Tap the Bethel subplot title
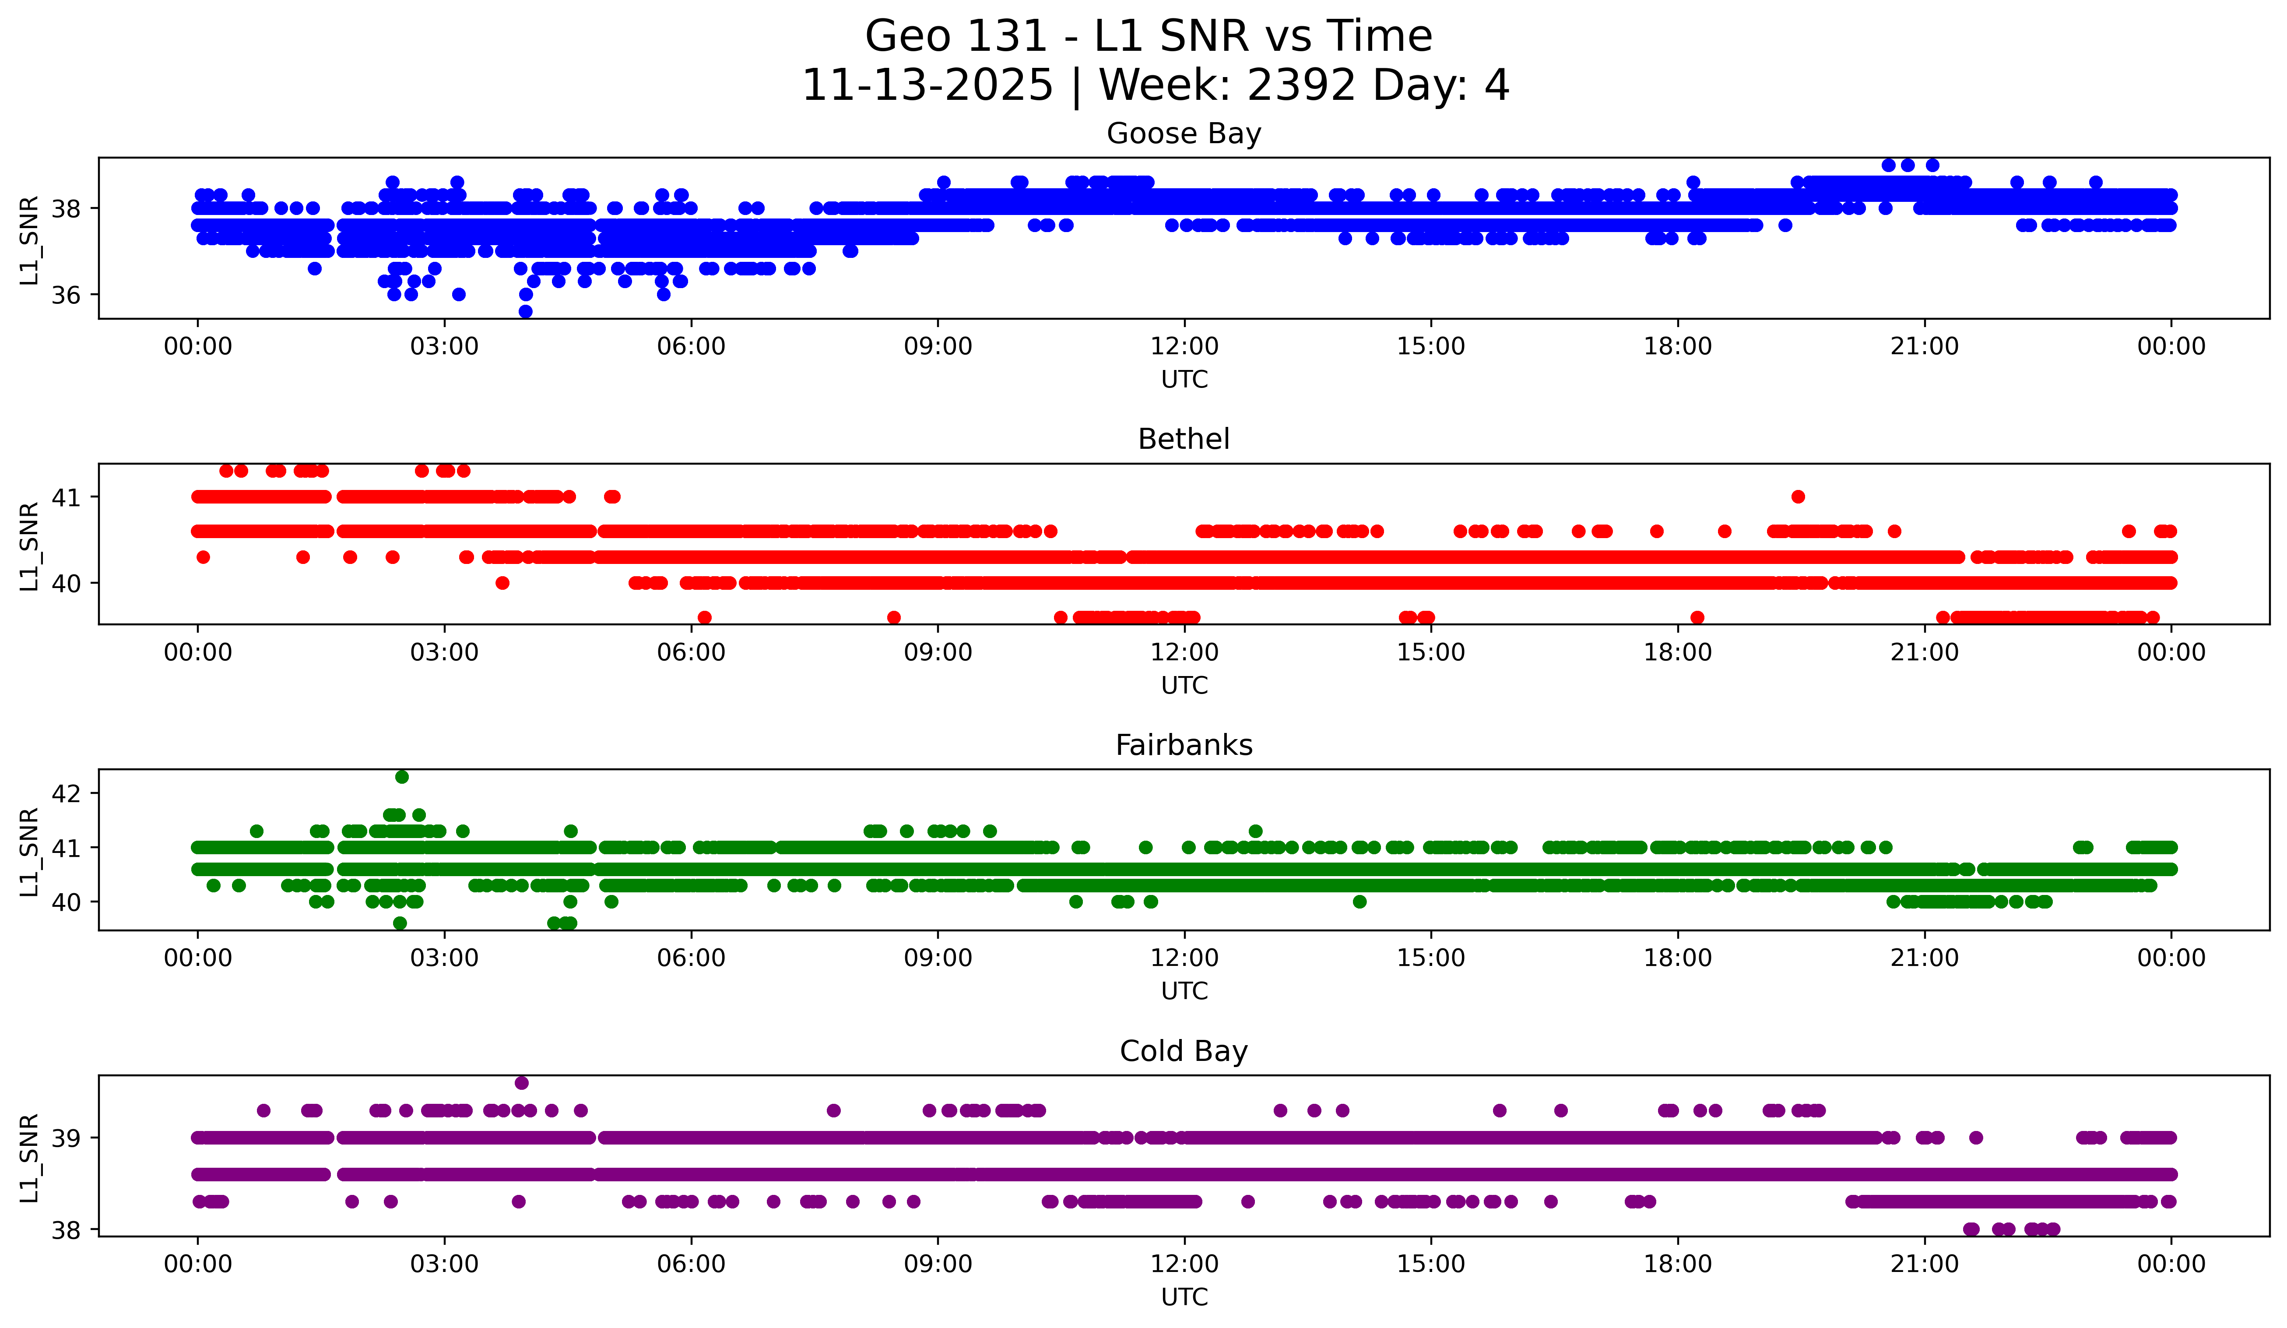click(x=1184, y=439)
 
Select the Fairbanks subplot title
click(x=1184, y=745)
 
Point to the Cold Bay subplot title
click(x=1184, y=1051)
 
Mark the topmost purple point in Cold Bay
click(x=521, y=1083)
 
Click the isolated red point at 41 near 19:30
click(x=1798, y=497)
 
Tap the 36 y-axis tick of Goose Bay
click(x=65, y=295)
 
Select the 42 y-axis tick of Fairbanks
click(x=65, y=793)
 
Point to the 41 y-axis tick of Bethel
click(x=65, y=497)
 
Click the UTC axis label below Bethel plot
click(x=1184, y=685)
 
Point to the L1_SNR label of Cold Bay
click(x=29, y=1157)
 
